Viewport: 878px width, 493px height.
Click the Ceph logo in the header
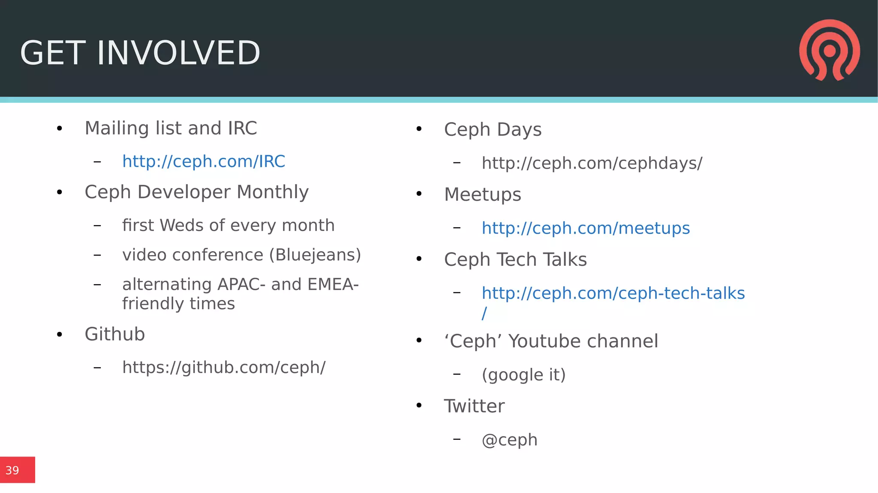coord(829,51)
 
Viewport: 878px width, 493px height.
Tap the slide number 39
coord(12,471)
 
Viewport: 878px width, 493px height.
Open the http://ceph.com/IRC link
coord(204,162)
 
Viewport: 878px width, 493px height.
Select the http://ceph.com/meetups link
coord(586,228)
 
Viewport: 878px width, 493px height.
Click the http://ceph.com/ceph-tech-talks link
coord(613,294)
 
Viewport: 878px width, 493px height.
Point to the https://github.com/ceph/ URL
coord(224,367)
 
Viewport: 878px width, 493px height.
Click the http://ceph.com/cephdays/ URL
coord(592,163)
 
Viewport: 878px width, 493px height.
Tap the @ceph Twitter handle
coord(509,440)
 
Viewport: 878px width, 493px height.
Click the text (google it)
coord(523,375)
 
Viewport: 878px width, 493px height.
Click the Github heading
coord(115,334)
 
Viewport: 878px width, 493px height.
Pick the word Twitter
coord(474,406)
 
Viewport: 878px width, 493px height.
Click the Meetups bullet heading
coord(482,195)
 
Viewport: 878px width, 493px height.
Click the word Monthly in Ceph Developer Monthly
coord(272,192)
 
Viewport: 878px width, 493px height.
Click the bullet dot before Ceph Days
coord(419,129)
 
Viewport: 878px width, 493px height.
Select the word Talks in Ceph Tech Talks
coord(565,260)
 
